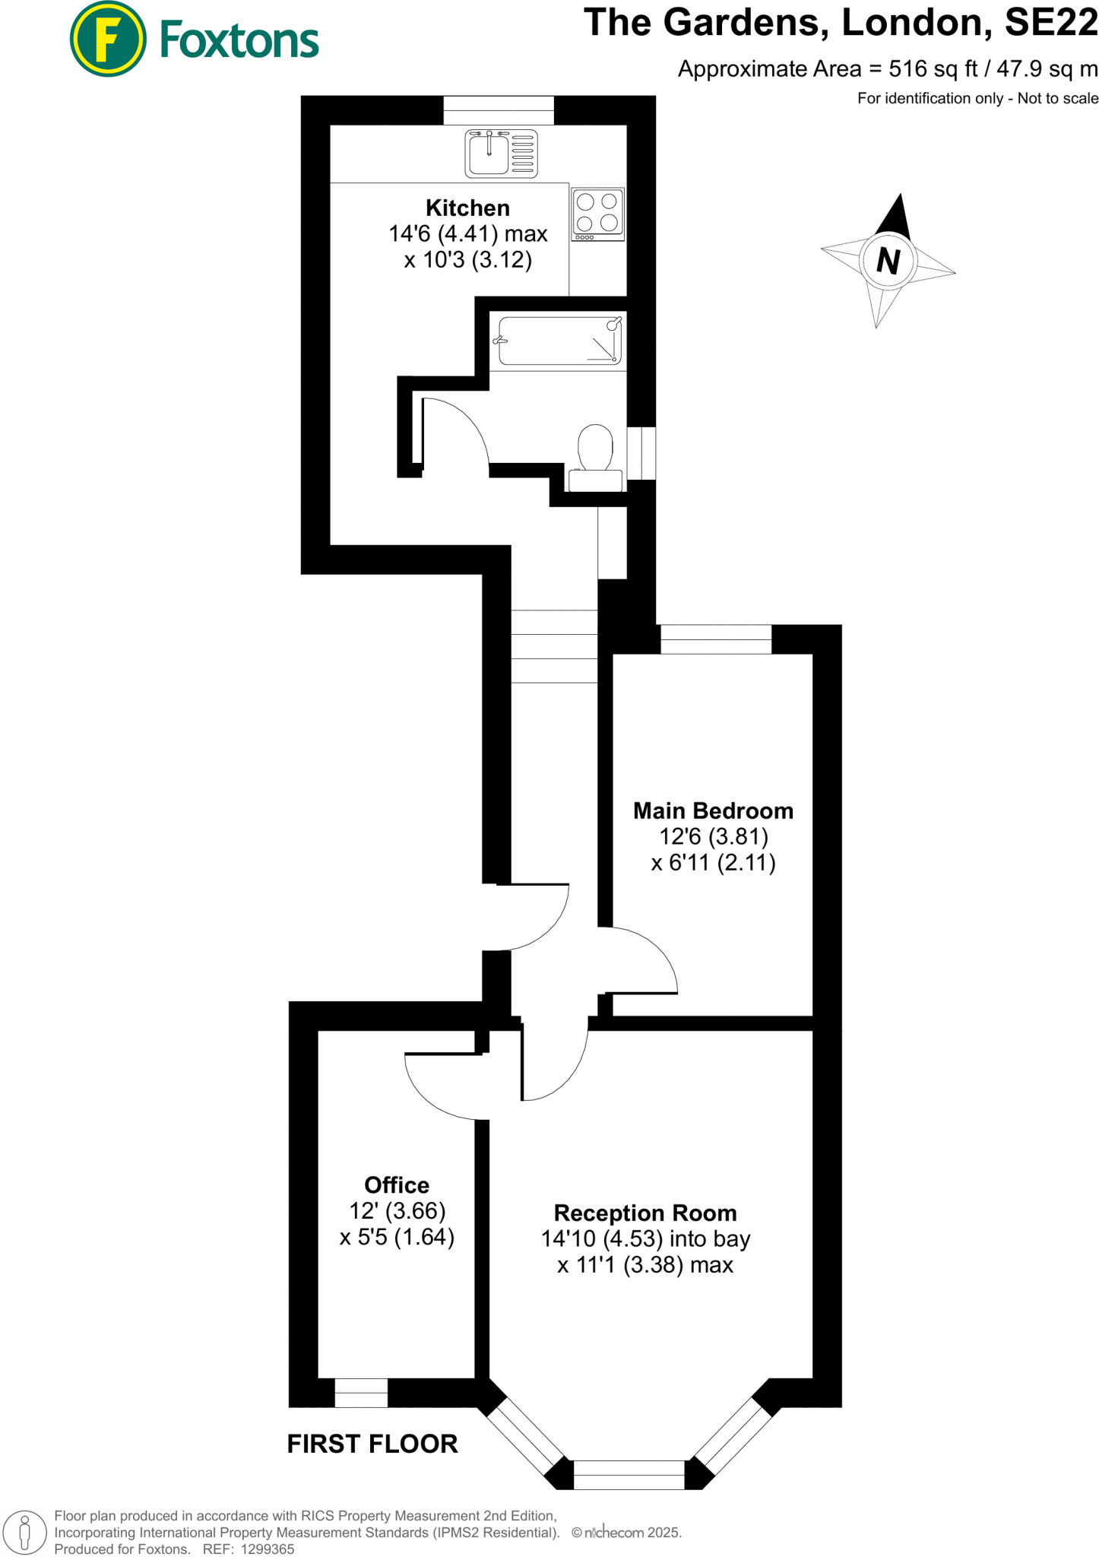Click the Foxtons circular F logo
pos(108,39)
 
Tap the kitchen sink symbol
pos(501,154)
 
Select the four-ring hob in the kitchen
pos(597,214)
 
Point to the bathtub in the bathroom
pos(559,341)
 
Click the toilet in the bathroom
pos(596,458)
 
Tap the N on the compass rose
pos(888,261)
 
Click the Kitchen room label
pos(467,208)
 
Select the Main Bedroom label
pos(713,811)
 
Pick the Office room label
pos(397,1185)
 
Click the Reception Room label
pos(645,1213)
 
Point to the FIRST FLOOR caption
pos(372,1444)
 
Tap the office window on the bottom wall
pos(361,1393)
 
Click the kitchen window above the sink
pos(499,110)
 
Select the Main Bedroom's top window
pos(716,639)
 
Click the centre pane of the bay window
pos(629,1475)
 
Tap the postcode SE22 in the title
pos(1051,23)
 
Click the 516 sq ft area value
pos(933,69)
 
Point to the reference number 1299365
pos(268,1549)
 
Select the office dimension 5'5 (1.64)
pos(397,1237)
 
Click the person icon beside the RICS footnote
pos(24,1532)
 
